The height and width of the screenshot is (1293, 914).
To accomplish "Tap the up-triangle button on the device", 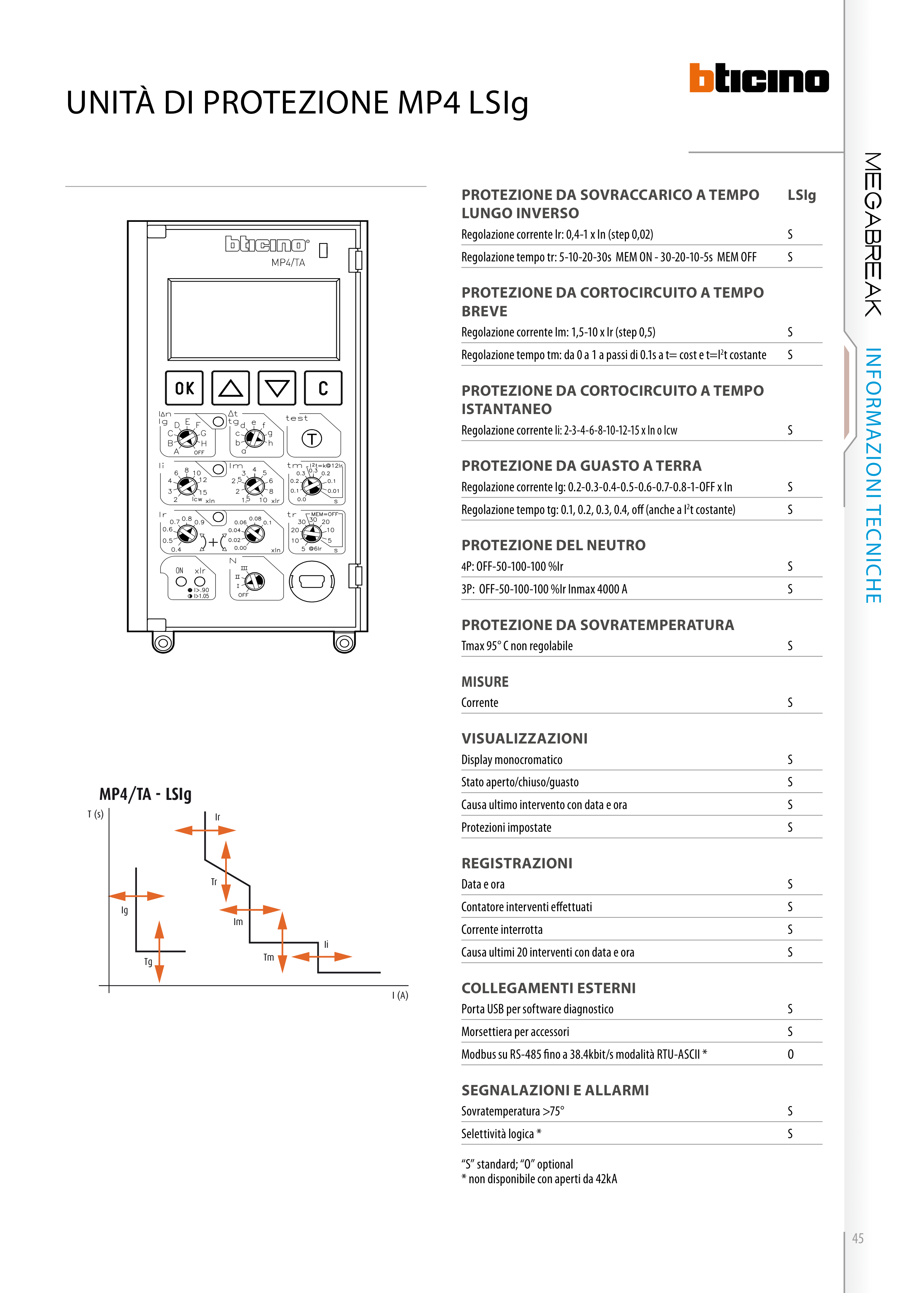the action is coord(230,388).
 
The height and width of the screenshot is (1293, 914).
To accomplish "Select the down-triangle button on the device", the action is coord(276,388).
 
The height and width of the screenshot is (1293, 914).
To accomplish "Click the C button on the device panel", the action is coord(323,388).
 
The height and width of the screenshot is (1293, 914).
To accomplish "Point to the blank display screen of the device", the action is coord(253,319).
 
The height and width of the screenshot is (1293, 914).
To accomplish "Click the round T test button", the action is coord(312,439).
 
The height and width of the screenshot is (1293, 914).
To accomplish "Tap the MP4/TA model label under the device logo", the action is coord(288,262).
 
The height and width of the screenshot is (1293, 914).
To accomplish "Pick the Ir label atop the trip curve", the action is coord(217,817).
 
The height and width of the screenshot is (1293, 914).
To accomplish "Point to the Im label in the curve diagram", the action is coord(238,922).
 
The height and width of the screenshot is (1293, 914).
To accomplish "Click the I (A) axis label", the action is coord(400,996).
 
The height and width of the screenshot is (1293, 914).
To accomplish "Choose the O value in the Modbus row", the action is coord(791,1054).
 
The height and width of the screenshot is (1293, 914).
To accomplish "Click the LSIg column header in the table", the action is coord(801,195).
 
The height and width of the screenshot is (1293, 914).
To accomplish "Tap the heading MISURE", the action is coord(485,682).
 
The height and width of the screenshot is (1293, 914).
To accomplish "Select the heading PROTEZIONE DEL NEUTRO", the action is coord(553,545).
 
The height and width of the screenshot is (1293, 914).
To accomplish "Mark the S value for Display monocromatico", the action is coord(790,760).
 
